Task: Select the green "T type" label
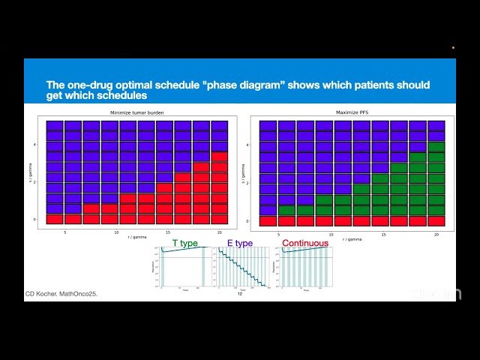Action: [186, 244]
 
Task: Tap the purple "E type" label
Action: [239, 244]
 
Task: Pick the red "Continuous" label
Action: [305, 244]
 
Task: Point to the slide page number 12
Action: [240, 293]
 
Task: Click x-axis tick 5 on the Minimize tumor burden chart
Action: [64, 232]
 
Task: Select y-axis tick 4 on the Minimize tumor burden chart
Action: [35, 145]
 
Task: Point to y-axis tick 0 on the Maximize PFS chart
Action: [253, 220]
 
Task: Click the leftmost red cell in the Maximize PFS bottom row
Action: [268, 220]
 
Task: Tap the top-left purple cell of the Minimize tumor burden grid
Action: [54, 126]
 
